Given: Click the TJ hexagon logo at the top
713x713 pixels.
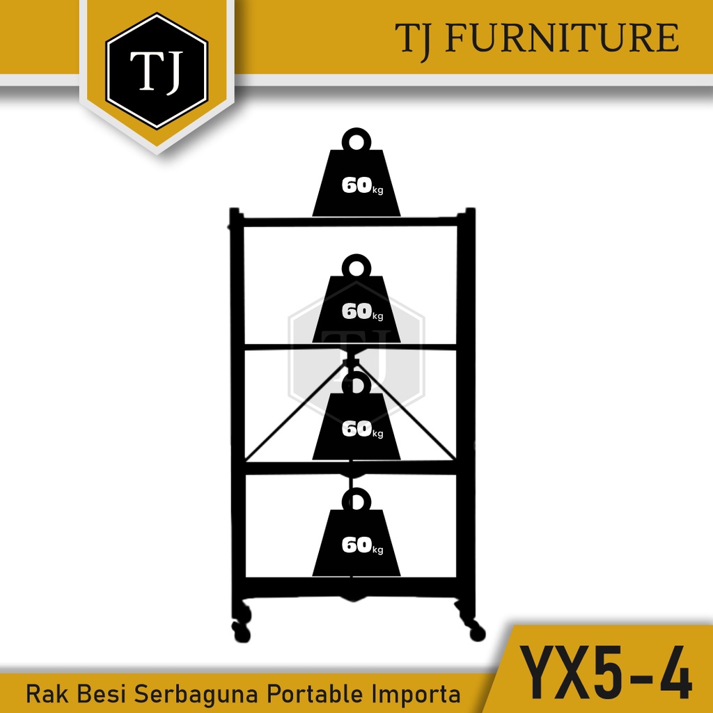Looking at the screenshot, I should [x=156, y=71].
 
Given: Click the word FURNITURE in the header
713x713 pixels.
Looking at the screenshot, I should [x=562, y=38].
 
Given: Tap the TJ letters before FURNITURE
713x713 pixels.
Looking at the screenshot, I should [x=416, y=38].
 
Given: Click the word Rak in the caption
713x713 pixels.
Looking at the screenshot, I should [x=45, y=694].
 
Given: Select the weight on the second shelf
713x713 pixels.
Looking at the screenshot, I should [x=356, y=306].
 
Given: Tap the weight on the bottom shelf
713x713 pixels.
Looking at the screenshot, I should [x=356, y=540].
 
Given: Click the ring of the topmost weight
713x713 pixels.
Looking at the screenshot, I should [x=356, y=140].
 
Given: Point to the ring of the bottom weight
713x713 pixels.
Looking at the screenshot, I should [x=356, y=499].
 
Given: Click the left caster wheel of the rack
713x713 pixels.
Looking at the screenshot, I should [x=241, y=629].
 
